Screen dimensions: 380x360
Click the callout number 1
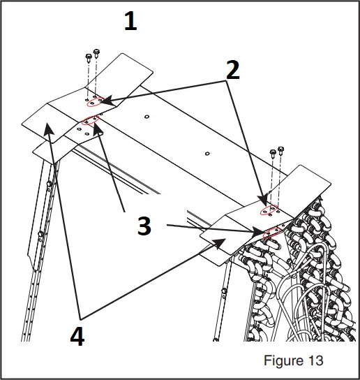click(130, 22)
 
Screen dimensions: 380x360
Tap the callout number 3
click(144, 226)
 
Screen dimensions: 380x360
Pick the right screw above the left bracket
click(96, 53)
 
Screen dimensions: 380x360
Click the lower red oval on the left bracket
click(90, 122)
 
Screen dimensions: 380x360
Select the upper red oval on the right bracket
click(269, 210)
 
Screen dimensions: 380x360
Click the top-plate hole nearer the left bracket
click(147, 116)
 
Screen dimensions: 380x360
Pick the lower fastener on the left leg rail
click(41, 233)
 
